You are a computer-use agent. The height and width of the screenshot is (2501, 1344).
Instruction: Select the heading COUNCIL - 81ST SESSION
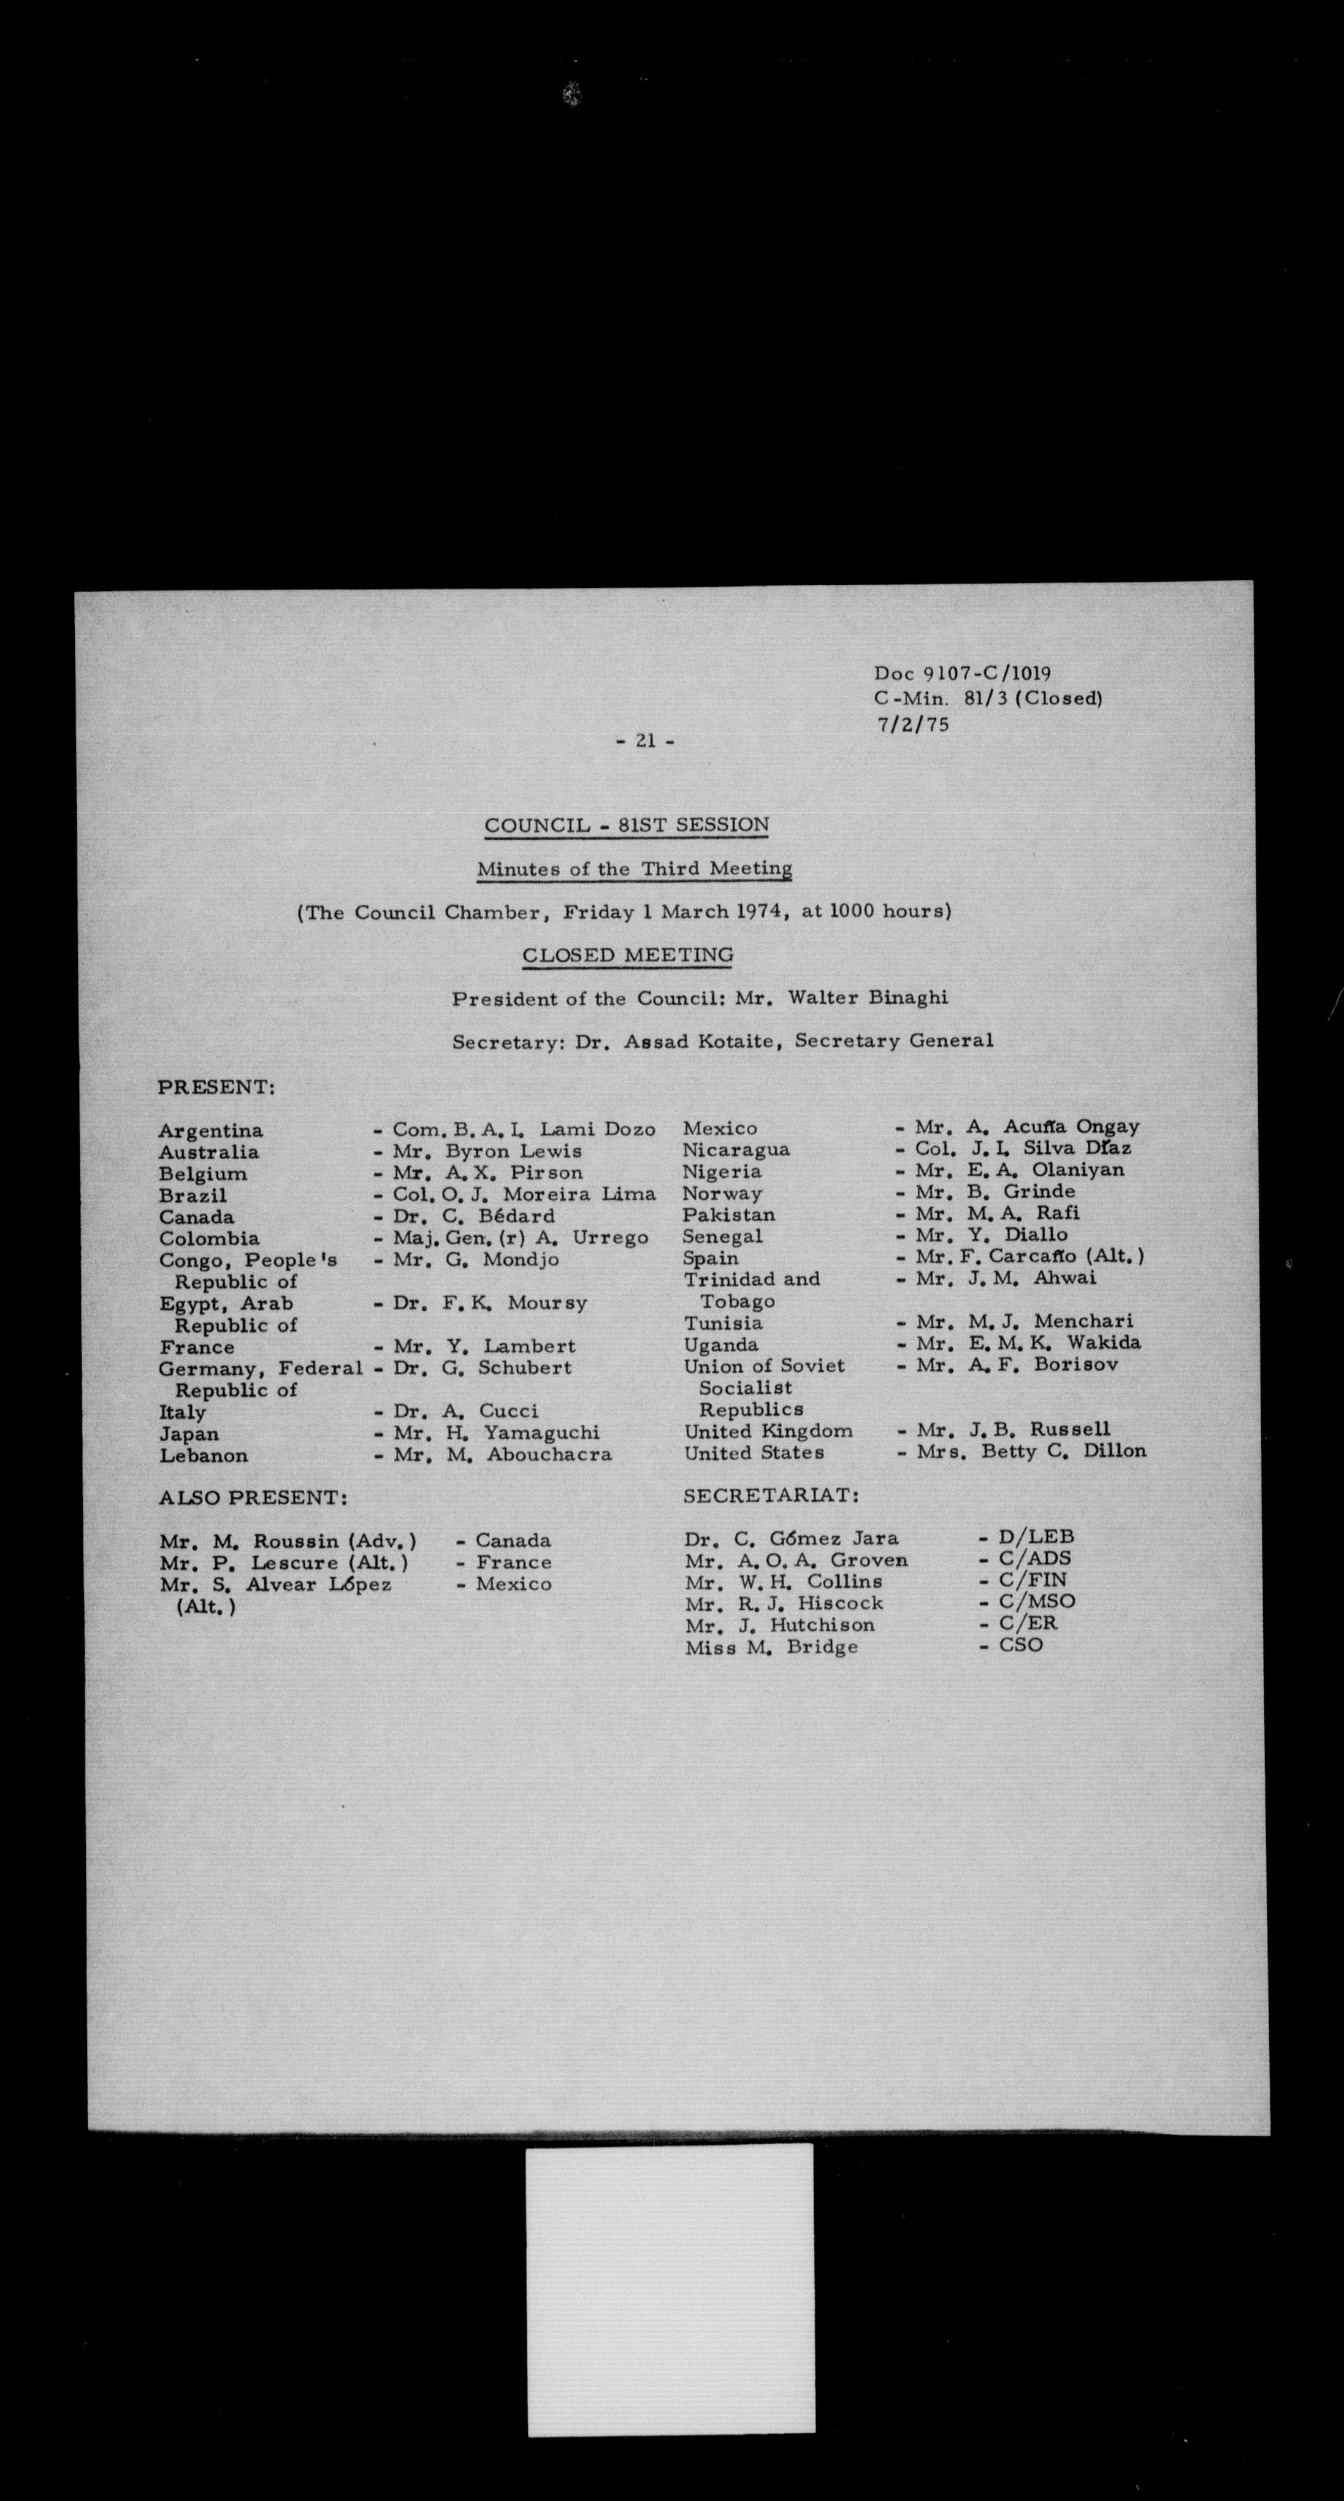(627, 826)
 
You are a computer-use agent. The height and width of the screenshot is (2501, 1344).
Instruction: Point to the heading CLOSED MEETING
(627, 956)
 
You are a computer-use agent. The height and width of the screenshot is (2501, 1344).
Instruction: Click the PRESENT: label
(216, 1087)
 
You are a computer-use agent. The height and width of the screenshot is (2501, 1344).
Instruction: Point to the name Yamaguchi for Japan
(542, 1433)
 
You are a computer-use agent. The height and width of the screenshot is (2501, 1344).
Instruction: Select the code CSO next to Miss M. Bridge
(1021, 1646)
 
